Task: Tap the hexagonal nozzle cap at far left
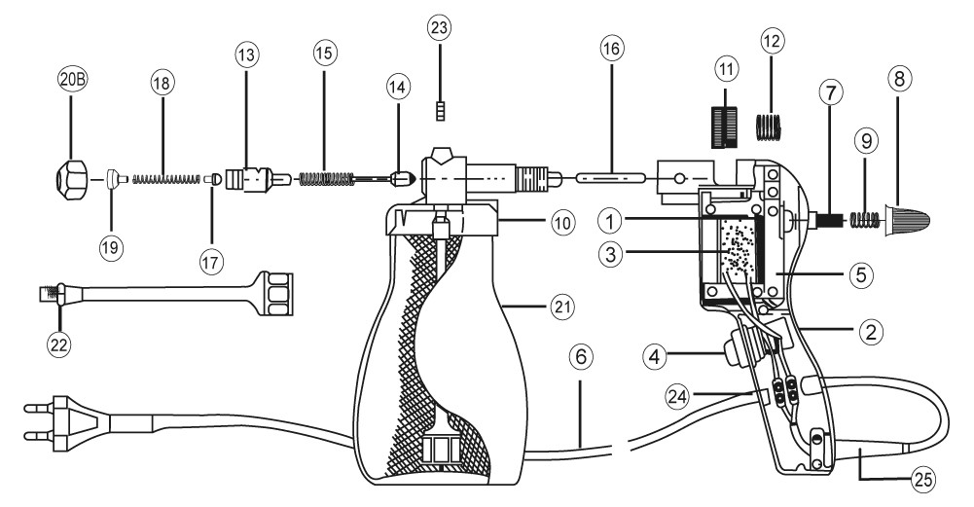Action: pos(71,179)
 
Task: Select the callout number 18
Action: pos(162,84)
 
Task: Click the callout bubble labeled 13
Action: pos(245,54)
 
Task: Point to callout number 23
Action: pos(440,28)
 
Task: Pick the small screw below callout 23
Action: pos(440,113)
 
